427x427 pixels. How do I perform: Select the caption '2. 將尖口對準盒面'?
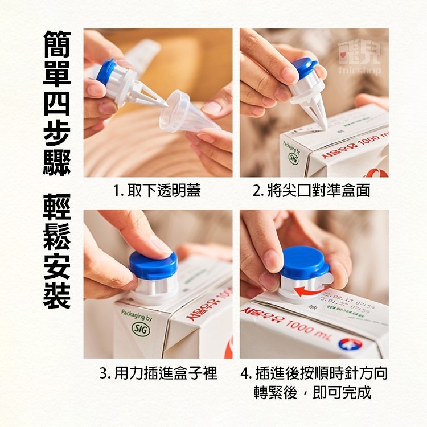click(311, 191)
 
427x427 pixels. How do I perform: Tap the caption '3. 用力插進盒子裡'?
click(158, 373)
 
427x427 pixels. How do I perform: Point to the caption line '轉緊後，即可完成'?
click(312, 392)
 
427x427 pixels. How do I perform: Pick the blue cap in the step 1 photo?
click(106, 71)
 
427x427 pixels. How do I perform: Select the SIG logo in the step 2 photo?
click(293, 157)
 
